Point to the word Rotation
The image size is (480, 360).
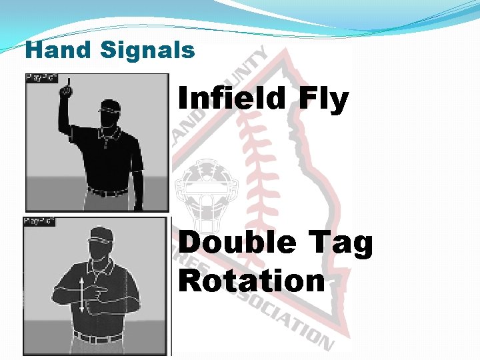(251, 281)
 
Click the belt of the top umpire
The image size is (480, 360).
(107, 193)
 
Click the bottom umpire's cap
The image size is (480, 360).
(101, 233)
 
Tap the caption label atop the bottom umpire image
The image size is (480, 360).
(39, 221)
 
